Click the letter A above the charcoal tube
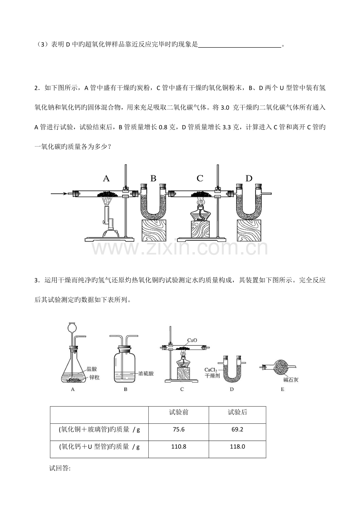click(106, 178)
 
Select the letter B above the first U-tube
click(153, 178)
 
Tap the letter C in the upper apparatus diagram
click(200, 178)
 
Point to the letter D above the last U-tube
click(249, 178)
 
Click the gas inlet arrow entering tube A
click(59, 194)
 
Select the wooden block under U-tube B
click(153, 230)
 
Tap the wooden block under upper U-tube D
click(249, 230)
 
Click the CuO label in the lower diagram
click(192, 340)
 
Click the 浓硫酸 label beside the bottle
click(146, 373)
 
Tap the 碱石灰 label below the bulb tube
click(291, 380)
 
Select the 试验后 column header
click(238, 412)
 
